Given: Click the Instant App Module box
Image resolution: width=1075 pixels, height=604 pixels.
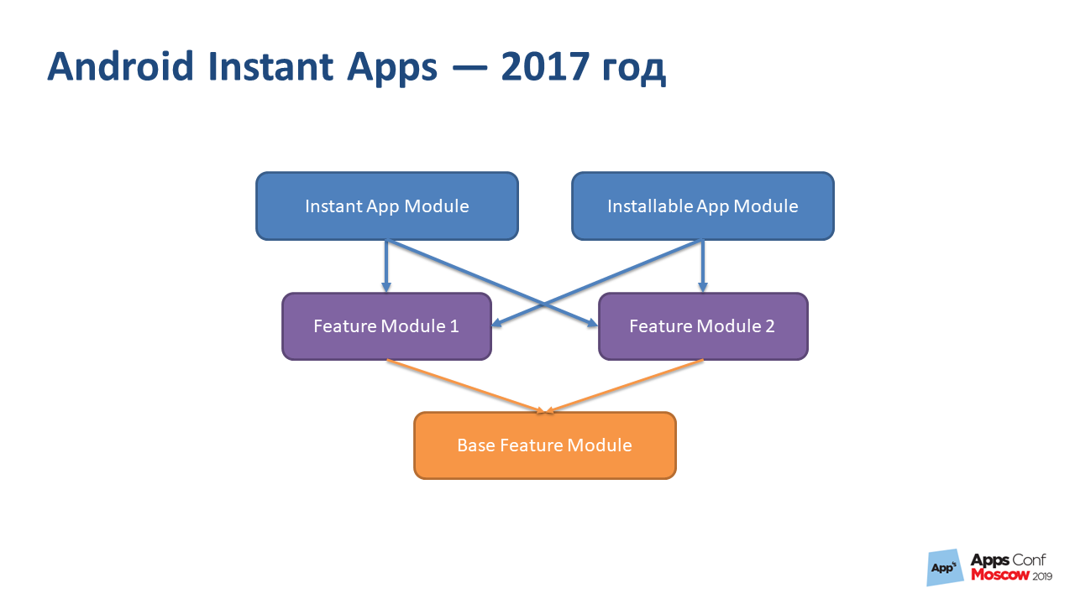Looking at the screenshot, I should click(x=386, y=206).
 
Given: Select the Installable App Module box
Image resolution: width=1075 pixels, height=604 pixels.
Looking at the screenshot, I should click(x=702, y=206).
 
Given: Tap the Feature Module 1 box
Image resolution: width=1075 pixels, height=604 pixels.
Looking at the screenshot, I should click(x=386, y=326).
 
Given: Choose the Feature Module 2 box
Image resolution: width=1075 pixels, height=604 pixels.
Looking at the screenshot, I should click(x=702, y=326).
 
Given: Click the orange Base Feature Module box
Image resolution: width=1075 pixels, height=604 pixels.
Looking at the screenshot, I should click(x=544, y=445).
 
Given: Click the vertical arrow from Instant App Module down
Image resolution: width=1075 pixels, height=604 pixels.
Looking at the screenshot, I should click(x=386, y=267).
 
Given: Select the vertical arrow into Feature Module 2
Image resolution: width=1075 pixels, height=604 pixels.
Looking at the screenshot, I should click(x=702, y=267).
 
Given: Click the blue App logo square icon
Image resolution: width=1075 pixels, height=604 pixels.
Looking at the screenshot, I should click(x=944, y=568).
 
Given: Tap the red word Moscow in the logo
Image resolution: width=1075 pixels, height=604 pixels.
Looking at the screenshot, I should click(x=999, y=575).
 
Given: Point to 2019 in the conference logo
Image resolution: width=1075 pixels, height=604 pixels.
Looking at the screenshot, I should click(x=1041, y=576).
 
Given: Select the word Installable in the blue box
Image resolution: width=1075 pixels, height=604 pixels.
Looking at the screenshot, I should click(x=649, y=206).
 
